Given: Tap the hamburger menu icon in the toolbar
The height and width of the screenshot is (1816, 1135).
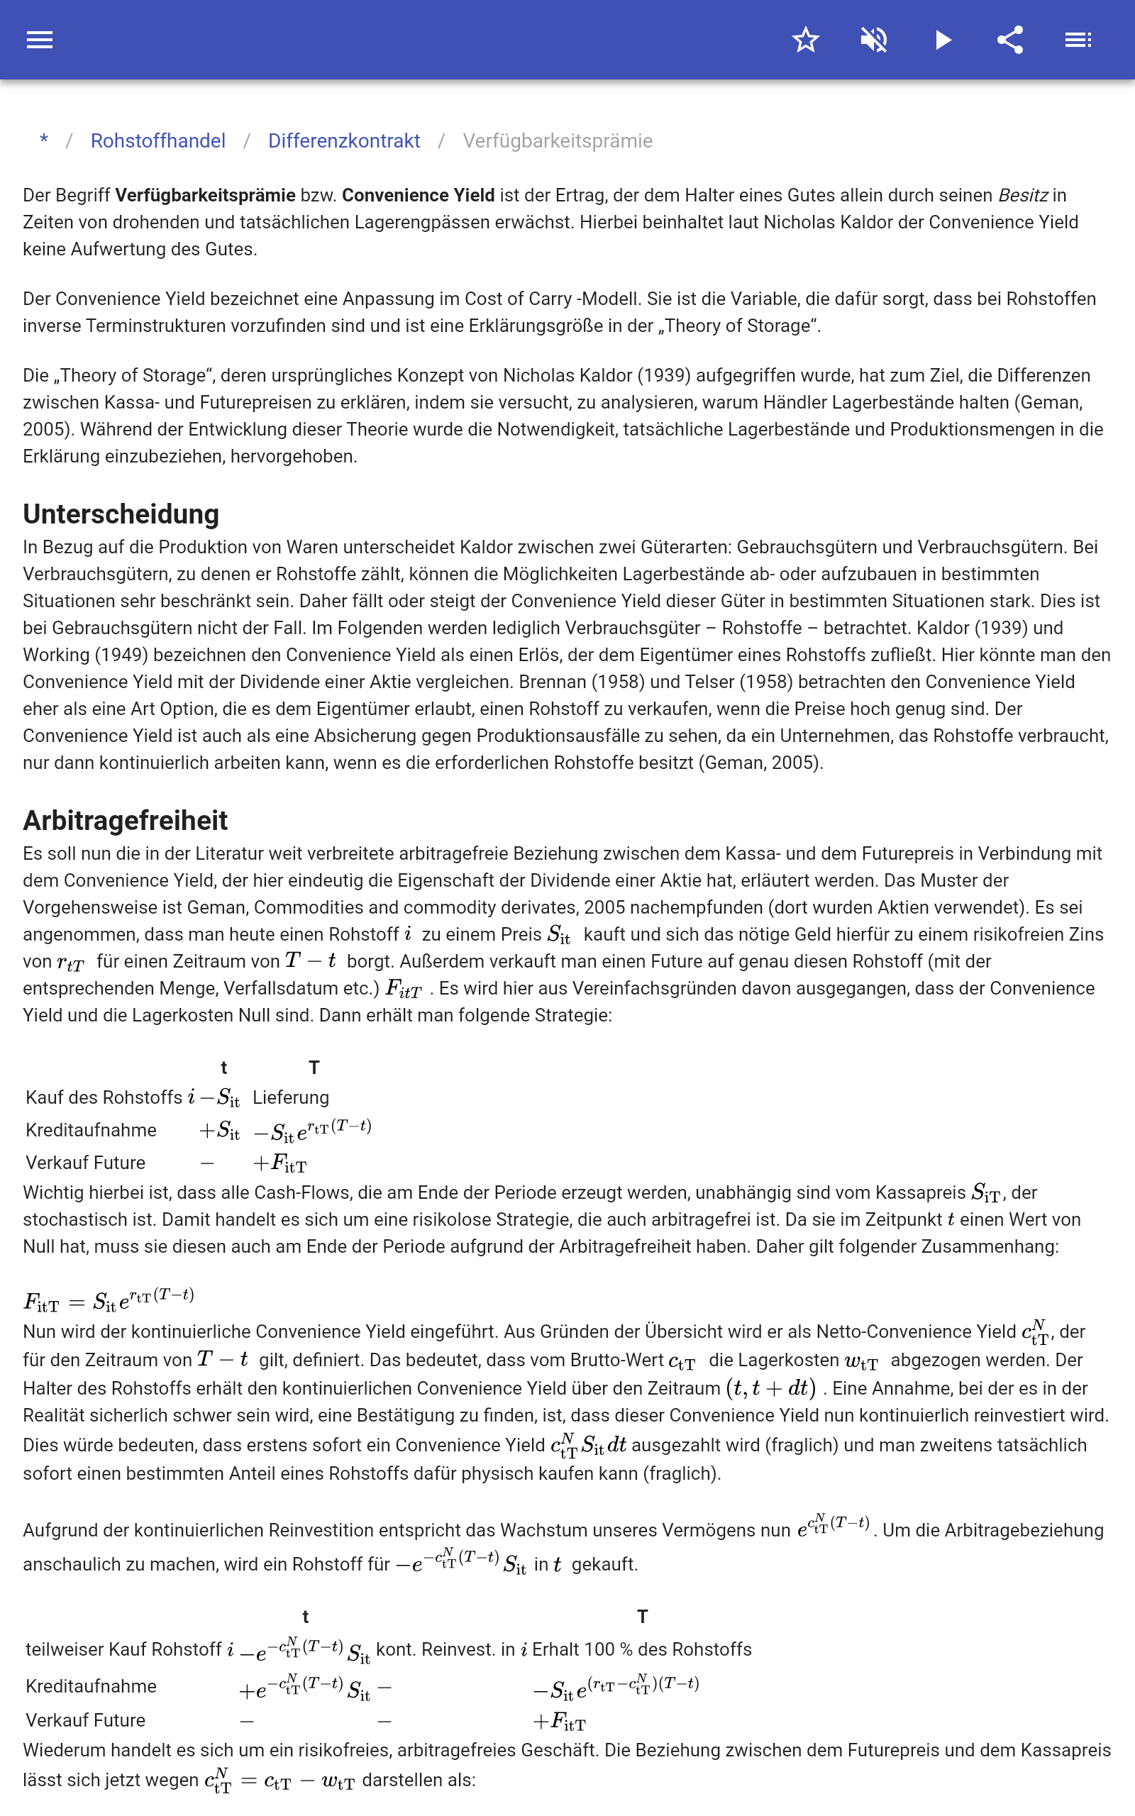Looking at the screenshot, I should point(40,40).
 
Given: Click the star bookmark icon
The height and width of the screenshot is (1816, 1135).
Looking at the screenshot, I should point(805,40).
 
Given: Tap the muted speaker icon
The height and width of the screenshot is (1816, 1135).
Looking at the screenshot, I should point(874,40).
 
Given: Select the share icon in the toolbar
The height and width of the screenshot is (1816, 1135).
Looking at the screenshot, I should point(1010,40).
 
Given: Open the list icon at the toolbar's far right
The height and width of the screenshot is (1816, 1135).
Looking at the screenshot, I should point(1078,40).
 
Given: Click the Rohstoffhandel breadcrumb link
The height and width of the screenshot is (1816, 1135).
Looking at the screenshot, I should point(157,141).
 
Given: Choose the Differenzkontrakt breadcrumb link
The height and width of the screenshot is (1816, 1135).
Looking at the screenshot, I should point(344,141).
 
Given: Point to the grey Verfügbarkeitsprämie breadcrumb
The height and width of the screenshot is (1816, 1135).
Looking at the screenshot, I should point(557,141).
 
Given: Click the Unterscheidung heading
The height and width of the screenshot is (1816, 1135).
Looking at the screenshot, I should point(121,514).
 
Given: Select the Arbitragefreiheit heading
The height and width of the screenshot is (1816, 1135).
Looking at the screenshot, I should point(126,820).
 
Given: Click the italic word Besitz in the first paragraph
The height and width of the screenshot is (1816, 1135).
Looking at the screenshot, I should point(1021,195).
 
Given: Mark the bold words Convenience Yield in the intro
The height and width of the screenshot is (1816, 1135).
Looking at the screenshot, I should point(418,195).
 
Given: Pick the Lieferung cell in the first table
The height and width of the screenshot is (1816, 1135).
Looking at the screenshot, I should point(291,1097).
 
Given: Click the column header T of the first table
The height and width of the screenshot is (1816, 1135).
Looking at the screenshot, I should point(314,1067).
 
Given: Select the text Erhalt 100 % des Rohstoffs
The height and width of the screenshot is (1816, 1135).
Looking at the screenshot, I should point(642,1649).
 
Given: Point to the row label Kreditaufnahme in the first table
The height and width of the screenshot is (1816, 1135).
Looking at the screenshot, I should point(91,1130).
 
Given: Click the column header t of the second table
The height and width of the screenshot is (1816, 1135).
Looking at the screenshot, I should point(306,1617).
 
